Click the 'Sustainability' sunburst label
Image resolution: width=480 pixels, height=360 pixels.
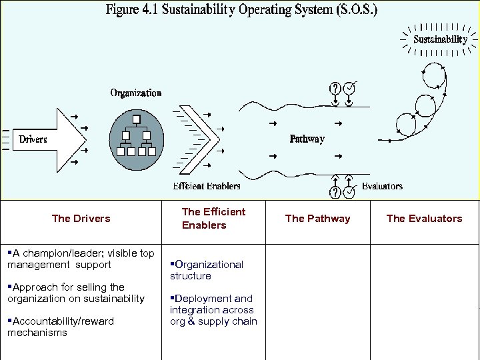[440, 39]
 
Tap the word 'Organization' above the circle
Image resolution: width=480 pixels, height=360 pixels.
[136, 93]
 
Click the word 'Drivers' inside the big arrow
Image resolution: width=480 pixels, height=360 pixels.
[33, 139]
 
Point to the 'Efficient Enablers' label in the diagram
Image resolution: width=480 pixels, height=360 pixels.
[207, 186]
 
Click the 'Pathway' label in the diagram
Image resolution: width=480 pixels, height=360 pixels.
[307, 139]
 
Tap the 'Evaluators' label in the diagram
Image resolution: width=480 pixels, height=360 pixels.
[382, 186]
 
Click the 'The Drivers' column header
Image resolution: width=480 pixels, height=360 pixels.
[81, 218]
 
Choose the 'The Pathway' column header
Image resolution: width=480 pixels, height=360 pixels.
[317, 218]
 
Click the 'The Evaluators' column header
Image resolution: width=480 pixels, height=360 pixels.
[424, 218]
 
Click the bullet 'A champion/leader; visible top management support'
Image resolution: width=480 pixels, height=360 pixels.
[81, 259]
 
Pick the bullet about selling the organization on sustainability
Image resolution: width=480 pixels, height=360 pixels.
[76, 293]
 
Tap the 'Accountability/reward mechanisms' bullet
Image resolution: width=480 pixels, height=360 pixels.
[61, 327]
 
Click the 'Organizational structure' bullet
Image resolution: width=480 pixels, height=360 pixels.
[207, 270]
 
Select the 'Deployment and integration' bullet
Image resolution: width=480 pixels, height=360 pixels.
[213, 310]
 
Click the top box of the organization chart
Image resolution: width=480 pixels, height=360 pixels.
[135, 120]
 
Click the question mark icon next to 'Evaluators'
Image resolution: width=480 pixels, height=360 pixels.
[335, 192]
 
